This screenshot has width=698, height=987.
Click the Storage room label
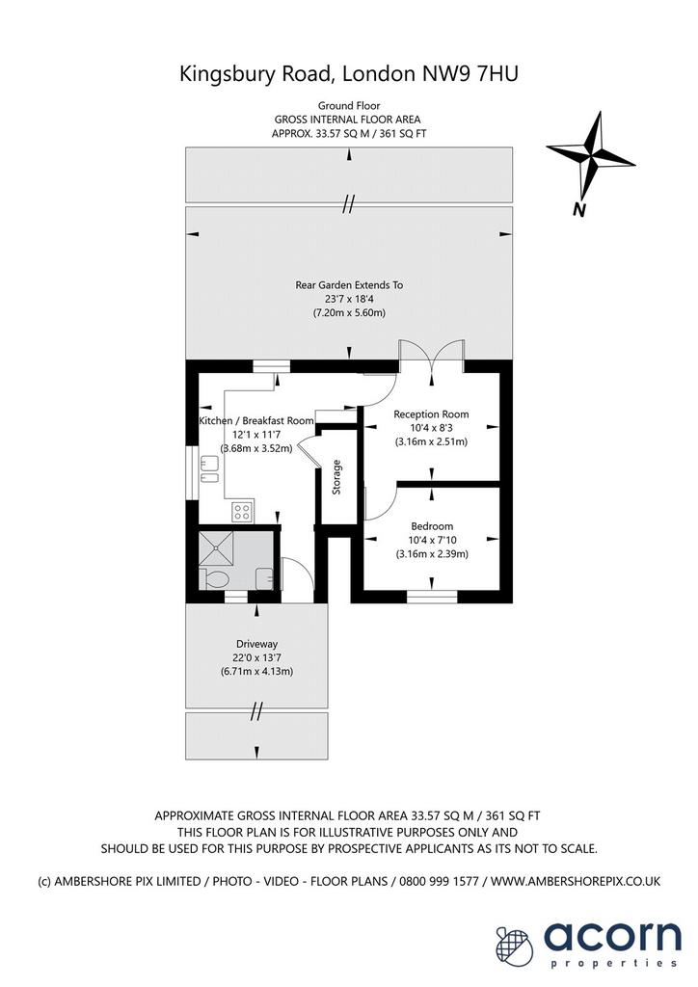click(336, 476)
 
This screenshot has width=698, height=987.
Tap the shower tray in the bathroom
click(216, 548)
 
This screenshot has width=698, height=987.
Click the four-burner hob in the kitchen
click(242, 511)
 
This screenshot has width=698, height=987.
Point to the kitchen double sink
click(208, 470)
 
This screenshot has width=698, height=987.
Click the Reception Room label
click(431, 414)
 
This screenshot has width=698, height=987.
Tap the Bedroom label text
click(432, 526)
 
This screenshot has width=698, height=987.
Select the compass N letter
click(579, 210)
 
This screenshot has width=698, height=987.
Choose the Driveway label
click(256, 644)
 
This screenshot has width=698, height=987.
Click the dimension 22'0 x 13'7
click(256, 657)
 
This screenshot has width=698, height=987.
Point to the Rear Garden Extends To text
click(349, 285)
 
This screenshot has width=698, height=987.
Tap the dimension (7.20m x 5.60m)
click(349, 313)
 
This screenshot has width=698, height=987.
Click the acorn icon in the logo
click(514, 945)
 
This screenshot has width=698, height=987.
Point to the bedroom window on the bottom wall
click(432, 596)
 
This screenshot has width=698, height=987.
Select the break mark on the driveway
click(256, 711)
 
